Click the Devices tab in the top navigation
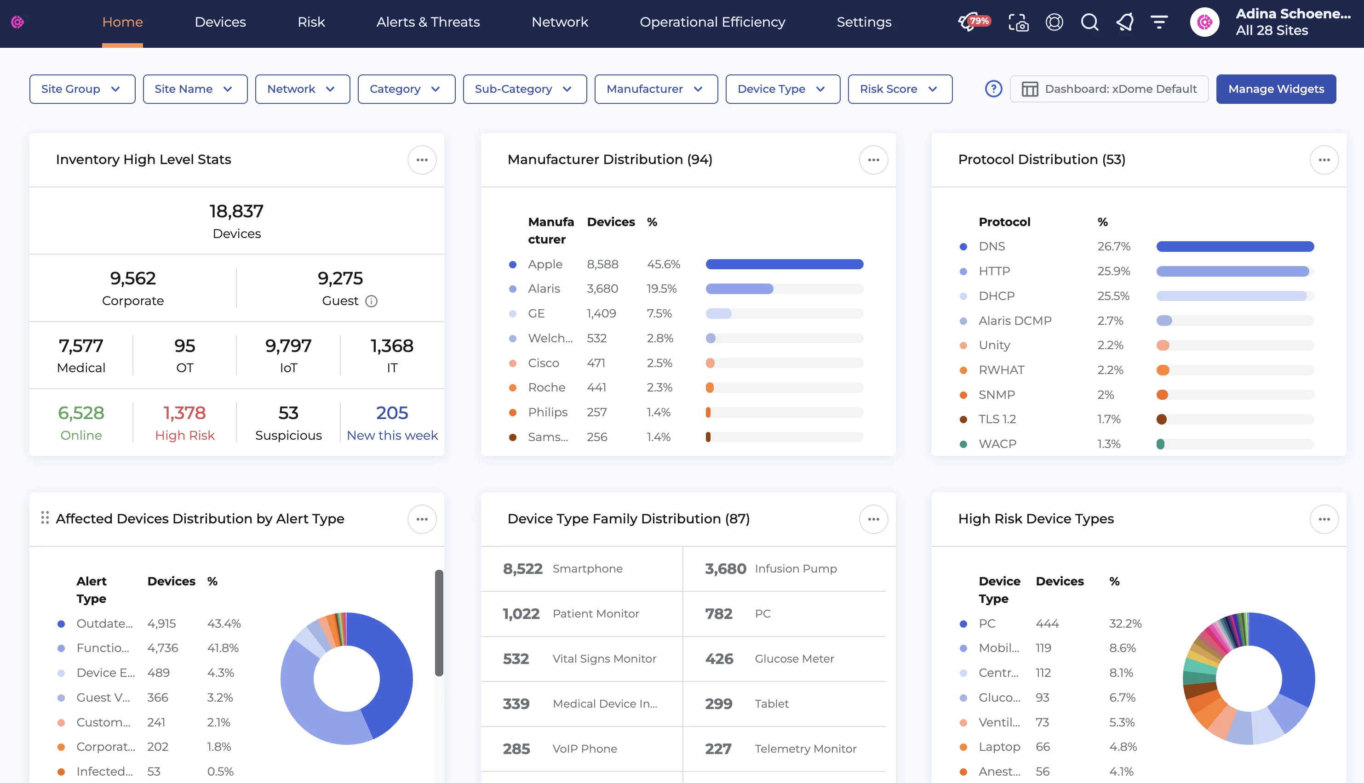(x=220, y=22)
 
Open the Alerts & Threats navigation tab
(x=428, y=22)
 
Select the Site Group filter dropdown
(x=82, y=89)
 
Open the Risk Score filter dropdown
(x=899, y=89)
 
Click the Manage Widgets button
(x=1275, y=89)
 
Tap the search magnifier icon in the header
(x=1089, y=22)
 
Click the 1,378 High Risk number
(x=184, y=413)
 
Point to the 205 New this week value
(x=392, y=413)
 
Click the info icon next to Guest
(x=371, y=301)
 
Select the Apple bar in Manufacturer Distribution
(x=784, y=264)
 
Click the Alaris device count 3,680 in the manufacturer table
(x=602, y=289)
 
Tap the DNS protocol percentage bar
(x=1234, y=246)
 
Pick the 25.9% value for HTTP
(x=1113, y=271)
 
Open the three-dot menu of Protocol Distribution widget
(x=1324, y=160)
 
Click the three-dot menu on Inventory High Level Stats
(x=422, y=160)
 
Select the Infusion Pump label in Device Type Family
(x=795, y=568)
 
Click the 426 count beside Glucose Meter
(x=719, y=659)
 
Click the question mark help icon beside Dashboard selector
(x=993, y=89)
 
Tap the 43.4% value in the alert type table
(x=224, y=623)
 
